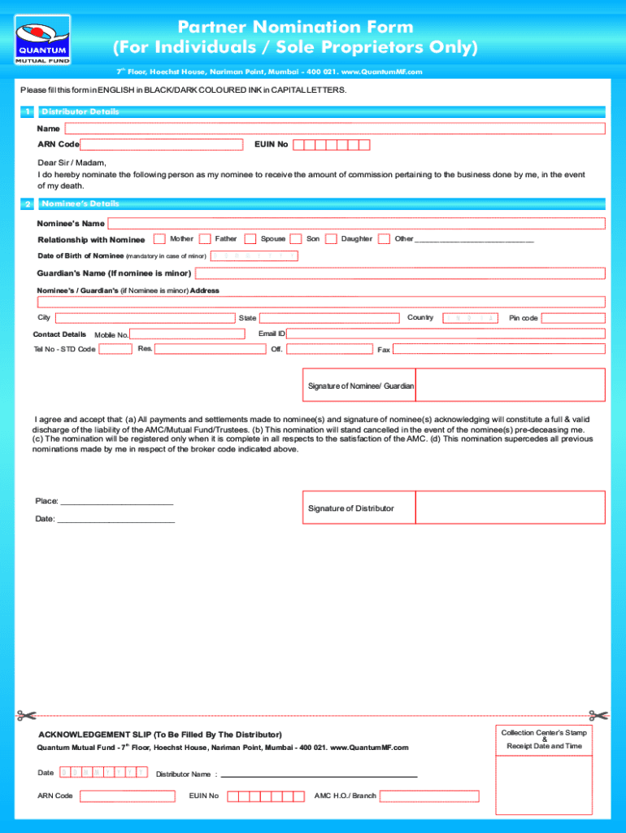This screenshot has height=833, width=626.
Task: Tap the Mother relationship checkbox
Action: (x=159, y=239)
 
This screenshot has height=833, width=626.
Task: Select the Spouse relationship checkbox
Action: (x=250, y=239)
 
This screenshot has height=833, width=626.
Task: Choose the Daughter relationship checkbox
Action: (x=331, y=239)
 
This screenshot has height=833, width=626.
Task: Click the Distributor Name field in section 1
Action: (x=334, y=129)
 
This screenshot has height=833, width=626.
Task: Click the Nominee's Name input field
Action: (x=356, y=224)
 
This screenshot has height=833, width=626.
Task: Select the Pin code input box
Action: (x=572, y=318)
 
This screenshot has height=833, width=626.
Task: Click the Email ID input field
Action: (x=446, y=334)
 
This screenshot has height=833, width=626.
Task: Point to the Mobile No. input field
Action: (x=187, y=334)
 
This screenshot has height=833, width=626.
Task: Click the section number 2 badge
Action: (x=28, y=204)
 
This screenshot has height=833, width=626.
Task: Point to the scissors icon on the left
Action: (x=27, y=716)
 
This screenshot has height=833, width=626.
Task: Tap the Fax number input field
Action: (x=498, y=349)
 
